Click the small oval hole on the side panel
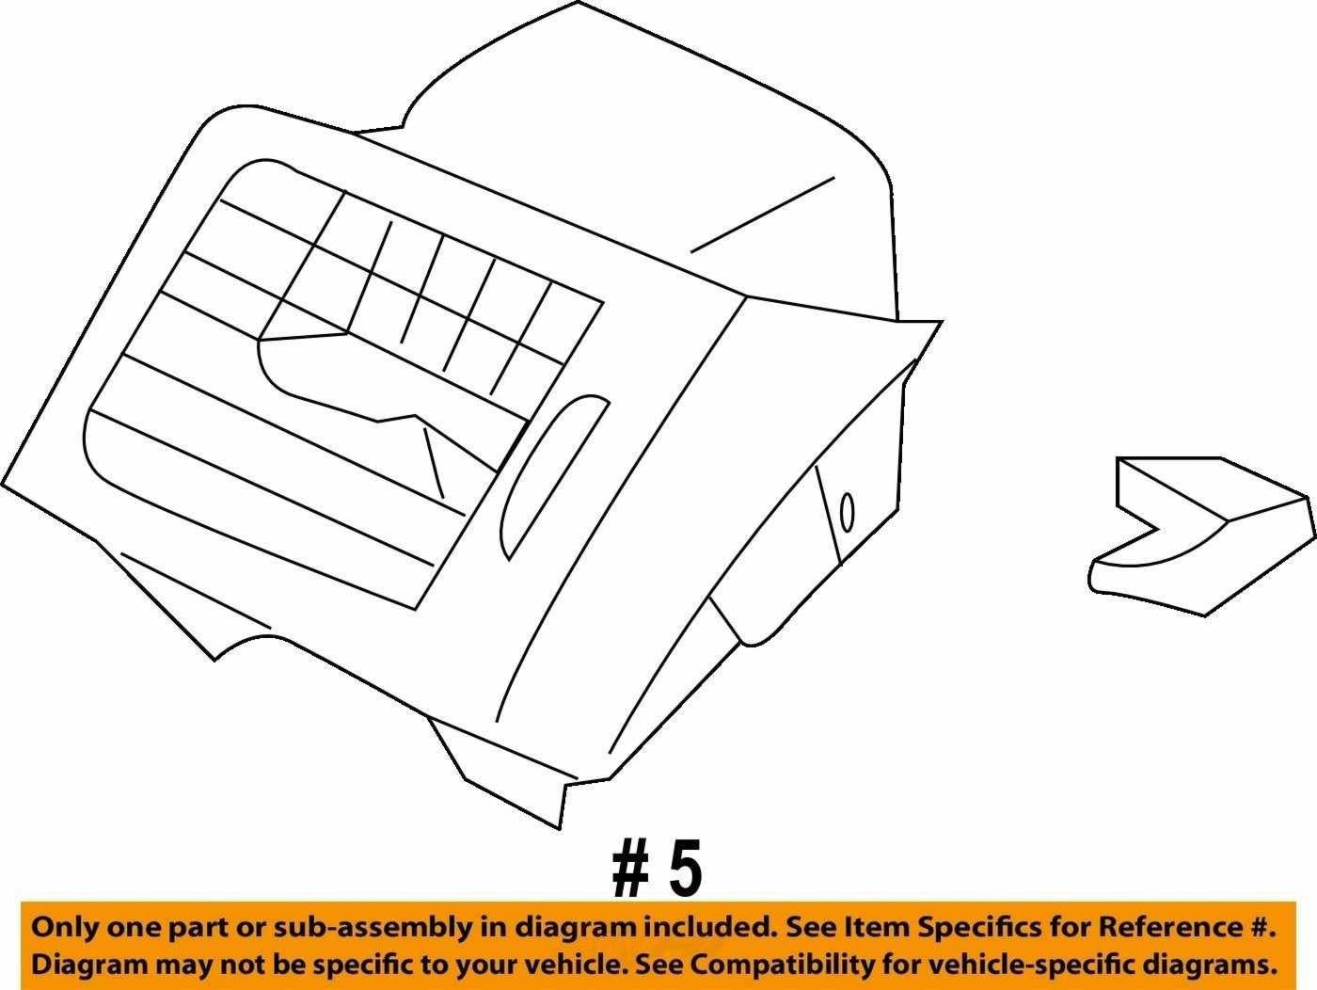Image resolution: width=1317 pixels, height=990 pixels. point(848,512)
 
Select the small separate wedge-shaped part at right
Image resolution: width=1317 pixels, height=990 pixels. point(1200,536)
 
